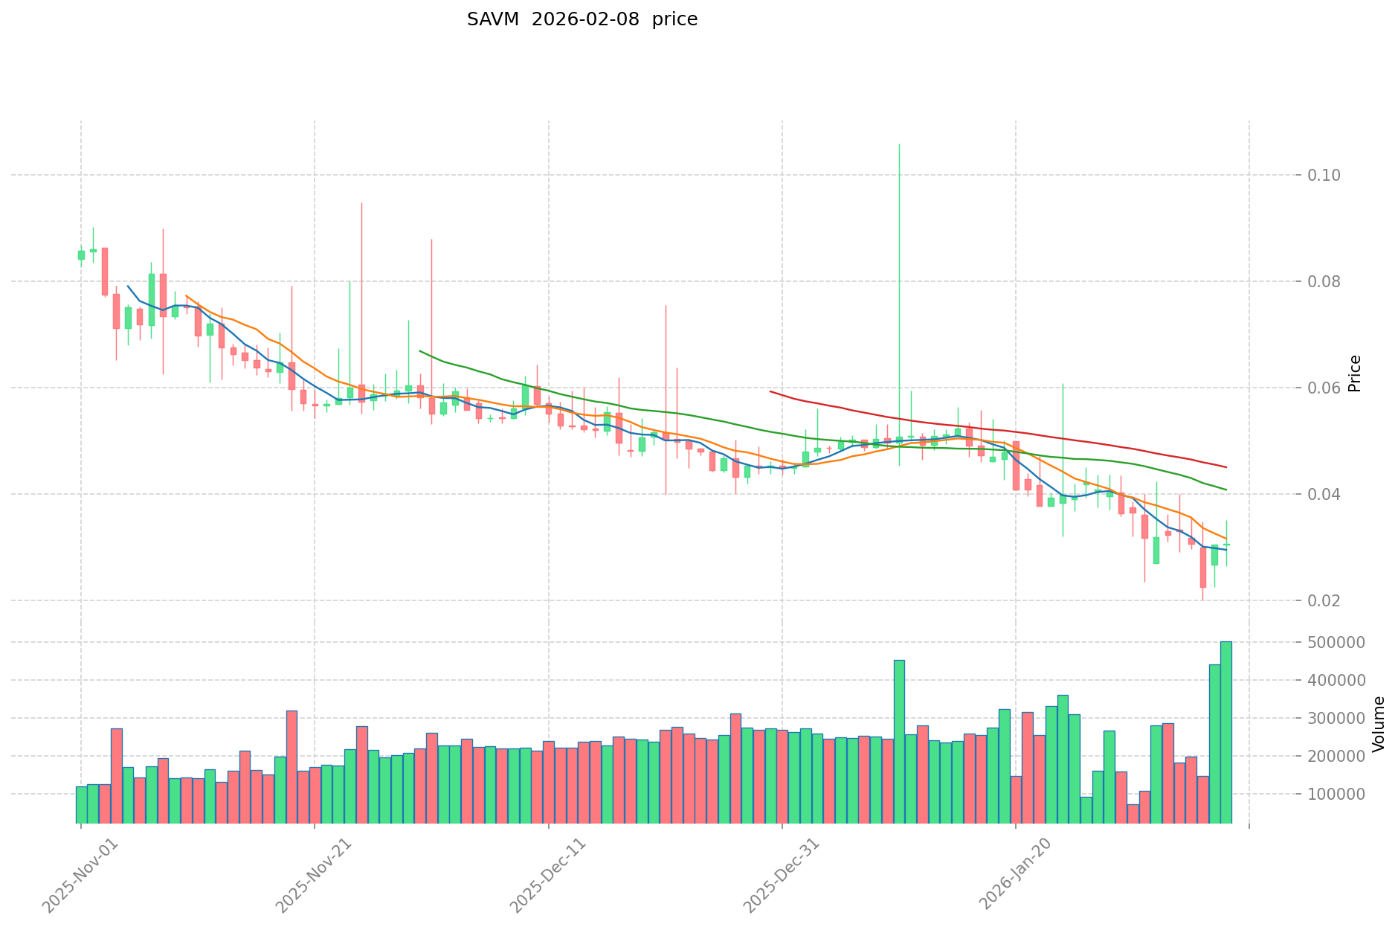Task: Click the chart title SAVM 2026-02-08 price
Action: tap(582, 20)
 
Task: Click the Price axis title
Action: tap(1355, 373)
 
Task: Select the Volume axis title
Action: tap(1379, 723)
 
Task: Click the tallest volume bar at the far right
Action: tap(1225, 732)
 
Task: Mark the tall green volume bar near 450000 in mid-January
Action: tap(899, 741)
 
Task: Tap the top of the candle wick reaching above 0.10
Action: tap(899, 145)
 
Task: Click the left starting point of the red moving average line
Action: tap(770, 391)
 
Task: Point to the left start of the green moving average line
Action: tap(420, 350)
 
